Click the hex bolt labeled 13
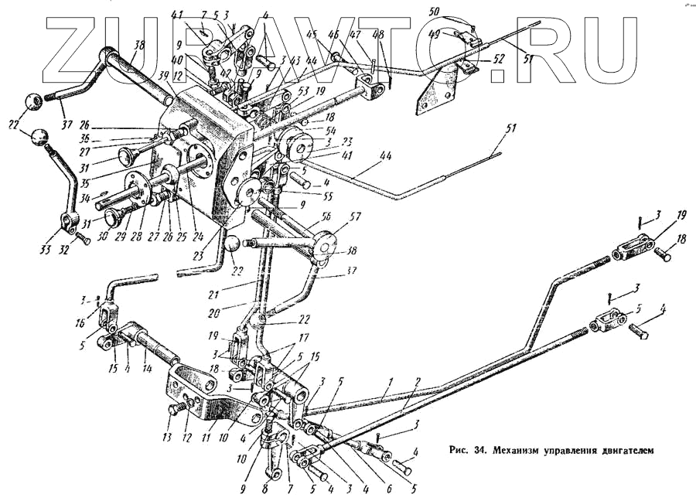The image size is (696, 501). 172,416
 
